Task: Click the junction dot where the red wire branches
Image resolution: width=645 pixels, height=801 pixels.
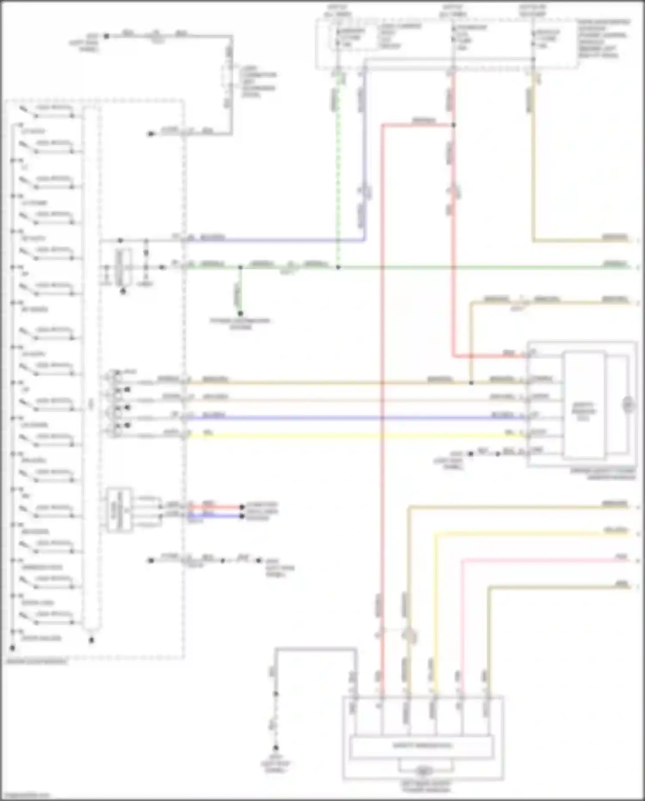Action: pyautogui.click(x=453, y=125)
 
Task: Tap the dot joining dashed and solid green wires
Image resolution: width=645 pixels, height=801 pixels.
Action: pyautogui.click(x=338, y=267)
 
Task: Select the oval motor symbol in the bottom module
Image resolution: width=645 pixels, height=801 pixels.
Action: pyautogui.click(x=424, y=771)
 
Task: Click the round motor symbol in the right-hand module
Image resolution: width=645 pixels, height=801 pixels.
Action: pyautogui.click(x=628, y=405)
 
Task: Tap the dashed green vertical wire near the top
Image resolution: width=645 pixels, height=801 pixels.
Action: pyautogui.click(x=338, y=172)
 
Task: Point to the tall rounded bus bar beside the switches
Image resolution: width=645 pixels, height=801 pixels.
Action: pyautogui.click(x=91, y=370)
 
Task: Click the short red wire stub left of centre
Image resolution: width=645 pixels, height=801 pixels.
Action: pyautogui.click(x=215, y=507)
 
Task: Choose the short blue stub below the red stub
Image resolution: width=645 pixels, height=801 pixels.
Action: pyautogui.click(x=215, y=516)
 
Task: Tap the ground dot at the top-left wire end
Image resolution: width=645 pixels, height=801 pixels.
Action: pyautogui.click(x=107, y=36)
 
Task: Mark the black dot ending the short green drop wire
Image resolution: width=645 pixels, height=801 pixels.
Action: pyautogui.click(x=240, y=313)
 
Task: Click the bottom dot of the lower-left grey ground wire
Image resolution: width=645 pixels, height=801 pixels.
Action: pyautogui.click(x=276, y=748)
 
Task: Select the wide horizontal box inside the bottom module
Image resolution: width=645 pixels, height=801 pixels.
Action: pyautogui.click(x=421, y=747)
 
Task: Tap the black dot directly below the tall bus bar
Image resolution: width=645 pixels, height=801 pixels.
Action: pyautogui.click(x=91, y=640)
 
